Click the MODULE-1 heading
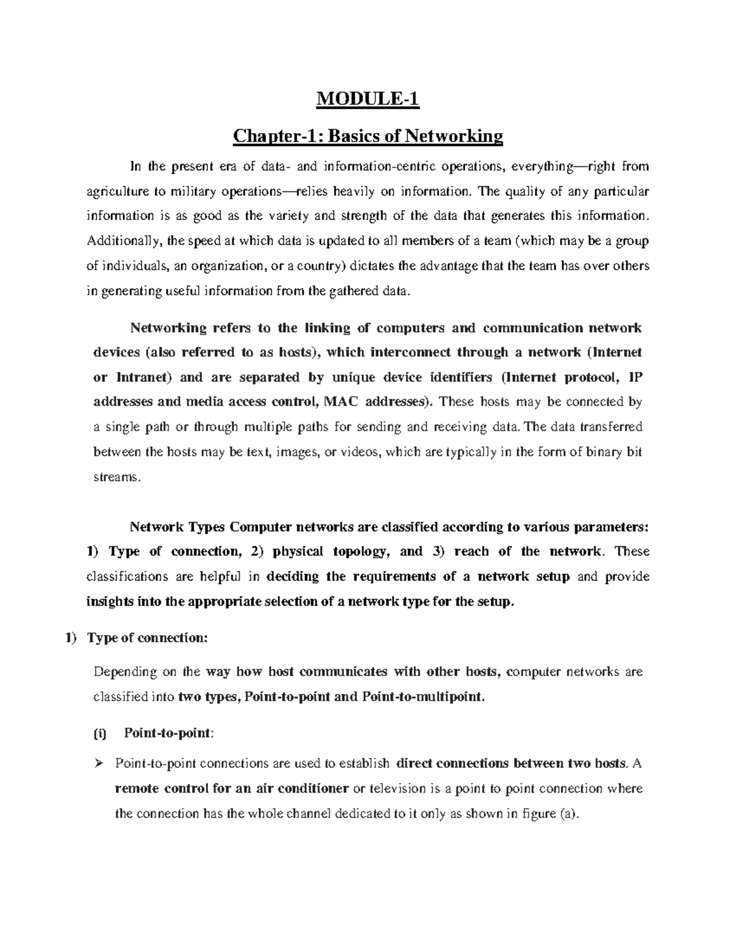coord(367,99)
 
